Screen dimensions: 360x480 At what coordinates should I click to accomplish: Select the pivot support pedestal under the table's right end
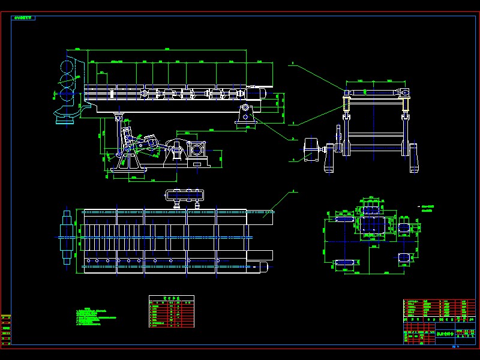[245, 113]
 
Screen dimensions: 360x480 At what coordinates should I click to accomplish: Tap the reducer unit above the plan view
[185, 194]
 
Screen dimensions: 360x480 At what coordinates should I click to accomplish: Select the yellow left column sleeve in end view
[346, 103]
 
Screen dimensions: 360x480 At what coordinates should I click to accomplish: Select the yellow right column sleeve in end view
[407, 103]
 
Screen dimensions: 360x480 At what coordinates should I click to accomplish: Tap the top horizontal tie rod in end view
[377, 91]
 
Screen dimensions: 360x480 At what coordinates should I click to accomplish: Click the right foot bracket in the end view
[413, 157]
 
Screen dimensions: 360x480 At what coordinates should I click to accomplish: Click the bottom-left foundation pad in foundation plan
[344, 262]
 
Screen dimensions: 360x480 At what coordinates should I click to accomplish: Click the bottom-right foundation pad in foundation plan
[404, 257]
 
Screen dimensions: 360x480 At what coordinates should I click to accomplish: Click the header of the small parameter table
[172, 298]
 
